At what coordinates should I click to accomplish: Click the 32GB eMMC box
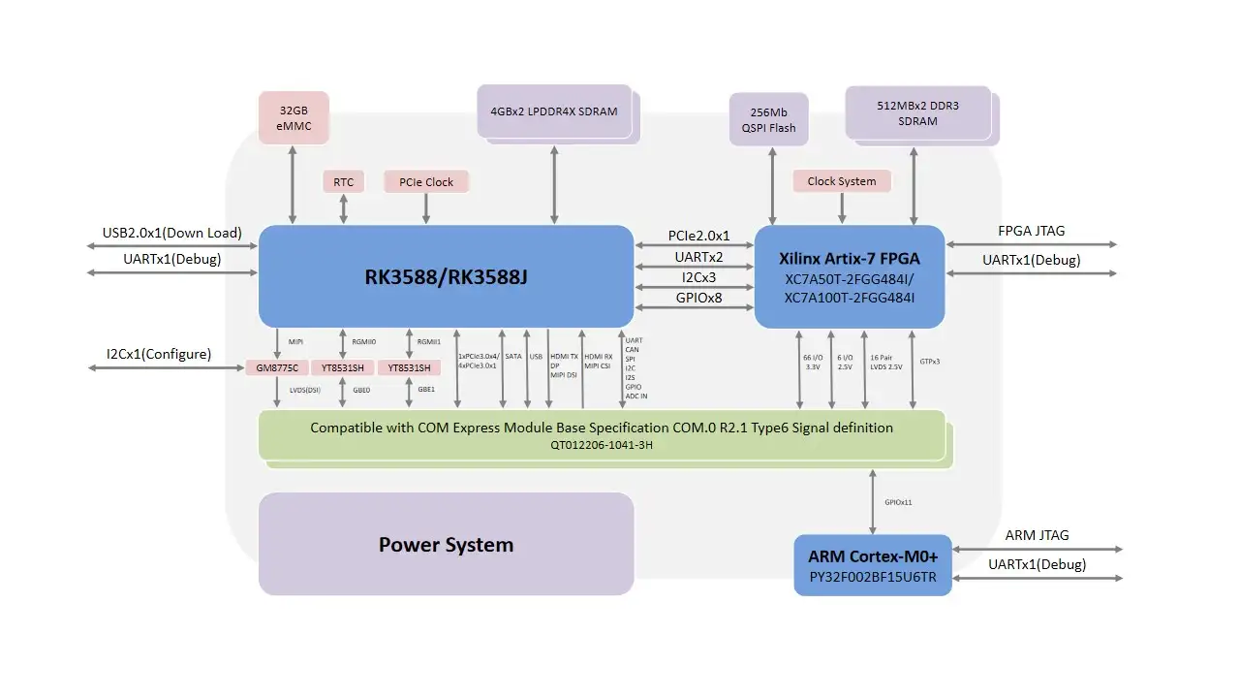point(294,118)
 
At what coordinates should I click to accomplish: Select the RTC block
point(343,182)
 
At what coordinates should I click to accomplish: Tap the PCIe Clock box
point(426,182)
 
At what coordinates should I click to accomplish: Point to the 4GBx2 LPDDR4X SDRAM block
point(555,111)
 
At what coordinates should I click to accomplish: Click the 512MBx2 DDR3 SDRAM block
point(916,112)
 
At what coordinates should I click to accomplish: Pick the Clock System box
point(841,181)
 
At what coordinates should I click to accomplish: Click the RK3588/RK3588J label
point(446,277)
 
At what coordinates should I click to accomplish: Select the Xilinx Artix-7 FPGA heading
point(850,259)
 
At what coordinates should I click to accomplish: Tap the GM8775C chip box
point(277,368)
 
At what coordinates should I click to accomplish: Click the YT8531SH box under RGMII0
point(343,368)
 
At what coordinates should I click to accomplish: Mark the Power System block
point(446,544)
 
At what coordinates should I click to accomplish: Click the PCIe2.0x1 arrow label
point(698,236)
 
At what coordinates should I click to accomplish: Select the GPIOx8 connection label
point(698,298)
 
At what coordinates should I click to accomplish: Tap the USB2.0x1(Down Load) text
point(171,233)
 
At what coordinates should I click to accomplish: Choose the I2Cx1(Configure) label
point(159,354)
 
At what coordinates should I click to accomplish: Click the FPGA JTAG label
point(1031,231)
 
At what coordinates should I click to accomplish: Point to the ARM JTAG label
point(1037,535)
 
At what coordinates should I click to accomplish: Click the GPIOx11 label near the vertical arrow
point(898,502)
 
